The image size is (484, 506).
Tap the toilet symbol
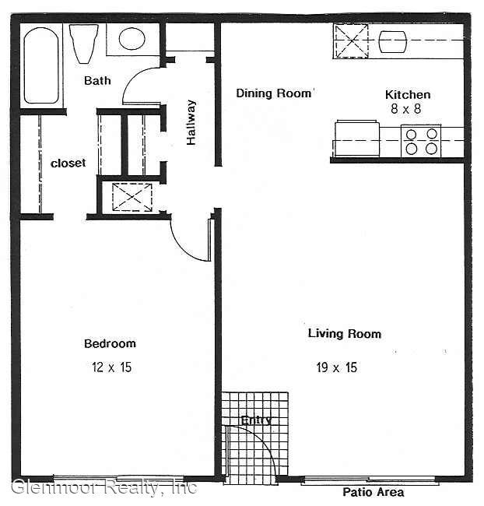pos(83,42)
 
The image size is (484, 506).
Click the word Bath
pos(97,80)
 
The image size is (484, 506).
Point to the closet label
pos(68,163)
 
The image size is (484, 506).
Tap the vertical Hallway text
pos(191,122)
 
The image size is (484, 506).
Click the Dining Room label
pos(274,93)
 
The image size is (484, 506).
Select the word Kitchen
pos(407,95)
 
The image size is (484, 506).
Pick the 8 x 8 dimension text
pos(406,110)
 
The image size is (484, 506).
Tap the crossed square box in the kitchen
pos(351,41)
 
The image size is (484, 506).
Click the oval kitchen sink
pos(393,40)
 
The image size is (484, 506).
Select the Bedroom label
pos(110,343)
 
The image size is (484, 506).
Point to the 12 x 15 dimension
pos(110,367)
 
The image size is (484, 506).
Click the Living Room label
pos(345,334)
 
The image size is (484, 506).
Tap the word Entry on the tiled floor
pos(256,420)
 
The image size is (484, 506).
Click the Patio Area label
pos(374,492)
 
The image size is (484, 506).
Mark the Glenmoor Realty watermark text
pos(103,488)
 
